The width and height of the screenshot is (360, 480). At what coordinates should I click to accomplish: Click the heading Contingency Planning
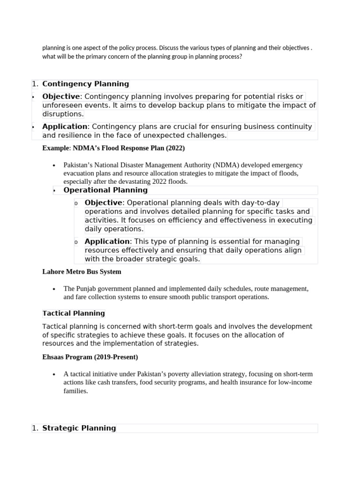pos(85,84)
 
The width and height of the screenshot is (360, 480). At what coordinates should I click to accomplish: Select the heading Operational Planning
pos(105,190)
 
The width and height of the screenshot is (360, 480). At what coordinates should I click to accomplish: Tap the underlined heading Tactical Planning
pos(74,313)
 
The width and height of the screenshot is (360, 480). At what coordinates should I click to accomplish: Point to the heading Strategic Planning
pos(79,428)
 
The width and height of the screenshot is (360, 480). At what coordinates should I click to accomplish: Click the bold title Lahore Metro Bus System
pos(82,271)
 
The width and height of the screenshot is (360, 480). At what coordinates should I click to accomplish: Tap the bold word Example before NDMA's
pos(56,148)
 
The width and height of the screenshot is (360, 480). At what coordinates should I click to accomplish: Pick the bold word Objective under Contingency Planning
pos(61,97)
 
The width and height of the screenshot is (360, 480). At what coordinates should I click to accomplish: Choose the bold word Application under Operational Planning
pos(107,241)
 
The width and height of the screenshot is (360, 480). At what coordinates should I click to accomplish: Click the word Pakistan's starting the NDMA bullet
pos(79,165)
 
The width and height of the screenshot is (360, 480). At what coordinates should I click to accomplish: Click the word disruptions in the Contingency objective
pos(63,114)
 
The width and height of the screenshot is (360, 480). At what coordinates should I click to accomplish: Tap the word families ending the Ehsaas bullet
pos(75,391)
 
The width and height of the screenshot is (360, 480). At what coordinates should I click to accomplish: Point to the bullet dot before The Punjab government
pos(54,289)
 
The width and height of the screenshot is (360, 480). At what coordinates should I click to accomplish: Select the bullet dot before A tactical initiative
pos(54,374)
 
